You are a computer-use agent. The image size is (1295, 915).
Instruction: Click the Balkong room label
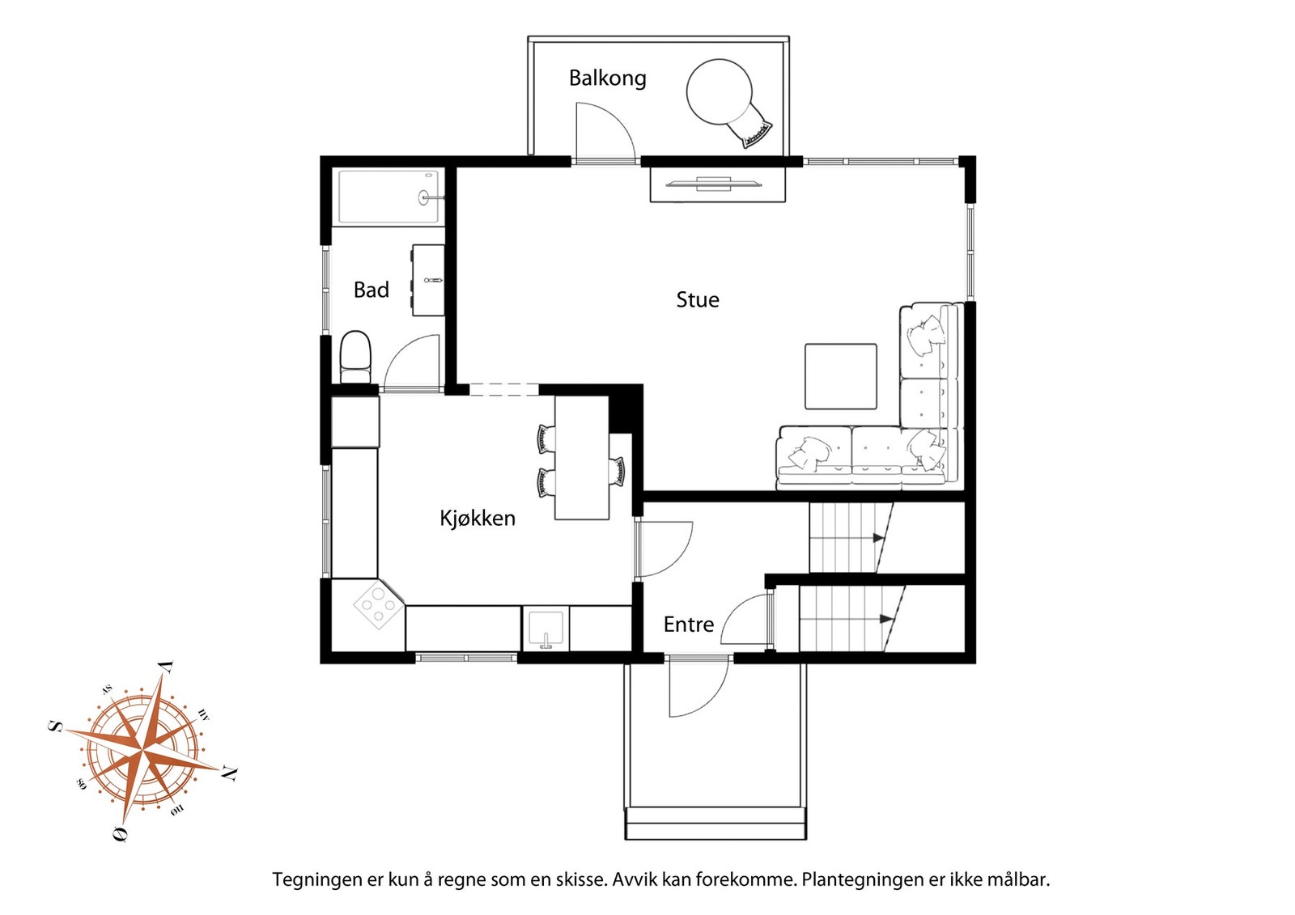point(607,78)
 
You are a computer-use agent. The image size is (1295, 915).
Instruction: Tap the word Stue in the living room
point(698,299)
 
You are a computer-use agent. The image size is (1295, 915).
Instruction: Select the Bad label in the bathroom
point(372,290)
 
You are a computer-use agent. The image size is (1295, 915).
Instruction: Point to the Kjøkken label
point(478,519)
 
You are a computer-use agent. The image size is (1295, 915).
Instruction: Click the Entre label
point(689,625)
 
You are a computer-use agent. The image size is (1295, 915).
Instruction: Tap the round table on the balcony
point(720,92)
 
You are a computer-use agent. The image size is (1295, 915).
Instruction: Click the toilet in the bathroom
point(355,358)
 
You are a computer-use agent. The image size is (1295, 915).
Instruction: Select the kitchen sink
point(546,629)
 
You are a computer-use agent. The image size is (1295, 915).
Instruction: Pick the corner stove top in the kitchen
point(378,606)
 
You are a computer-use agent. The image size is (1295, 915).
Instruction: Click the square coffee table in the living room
point(841,376)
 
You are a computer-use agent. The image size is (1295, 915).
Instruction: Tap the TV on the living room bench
point(713,184)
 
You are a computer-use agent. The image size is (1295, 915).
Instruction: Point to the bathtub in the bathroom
point(388,197)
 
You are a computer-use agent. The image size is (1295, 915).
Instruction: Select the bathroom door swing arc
point(404,350)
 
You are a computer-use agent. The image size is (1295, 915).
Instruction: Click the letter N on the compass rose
point(229,773)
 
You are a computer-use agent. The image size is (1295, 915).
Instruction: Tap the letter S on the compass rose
point(56,726)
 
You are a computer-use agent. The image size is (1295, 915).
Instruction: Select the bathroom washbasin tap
point(433,281)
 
